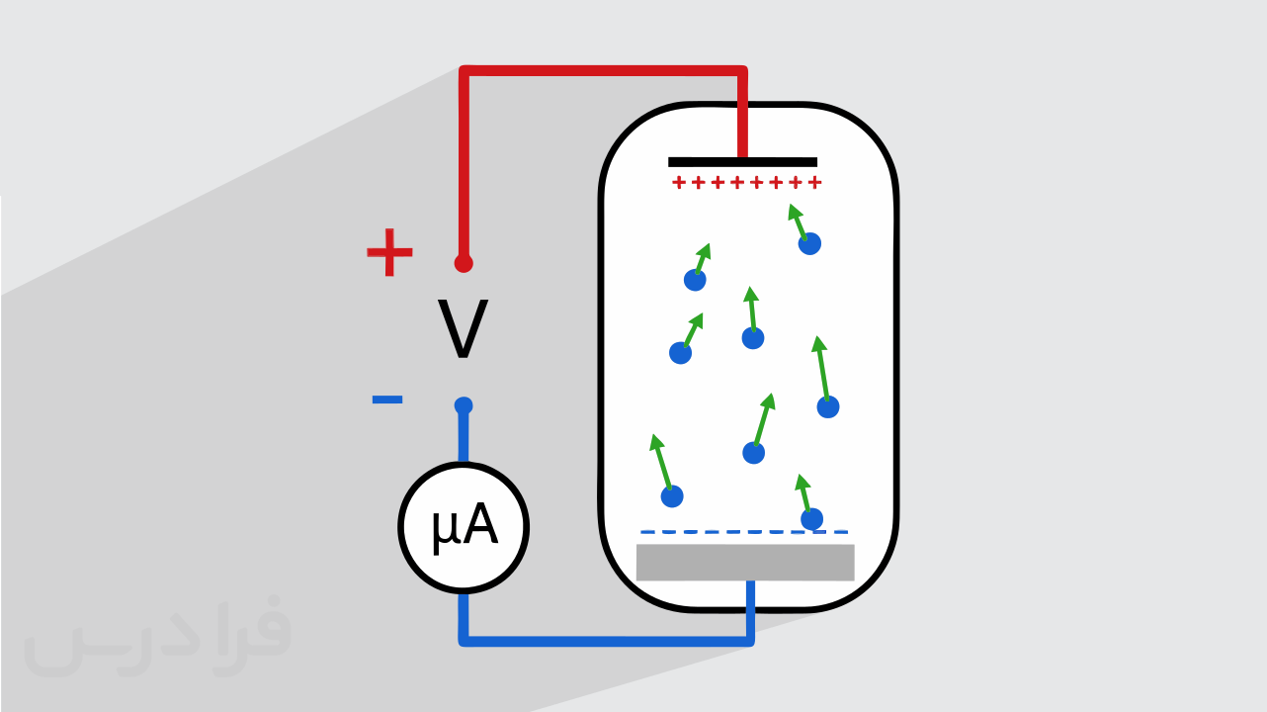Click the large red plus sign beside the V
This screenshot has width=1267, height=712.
click(x=389, y=252)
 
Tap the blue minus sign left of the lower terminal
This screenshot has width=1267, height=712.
click(x=387, y=400)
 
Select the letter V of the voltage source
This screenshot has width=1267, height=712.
click(x=463, y=329)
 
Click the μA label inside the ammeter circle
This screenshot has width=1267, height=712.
click(x=465, y=526)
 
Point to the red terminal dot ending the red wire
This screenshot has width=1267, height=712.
click(x=464, y=263)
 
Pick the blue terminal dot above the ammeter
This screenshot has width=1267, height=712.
click(x=464, y=405)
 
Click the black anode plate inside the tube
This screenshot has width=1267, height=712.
click(x=742, y=162)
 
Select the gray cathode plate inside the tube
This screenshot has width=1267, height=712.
click(x=745, y=563)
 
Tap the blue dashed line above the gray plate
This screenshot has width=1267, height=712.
click(x=744, y=532)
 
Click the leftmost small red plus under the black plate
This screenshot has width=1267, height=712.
click(x=679, y=182)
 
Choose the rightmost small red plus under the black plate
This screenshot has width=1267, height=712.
click(x=814, y=182)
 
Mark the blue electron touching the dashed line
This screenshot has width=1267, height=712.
click(x=811, y=519)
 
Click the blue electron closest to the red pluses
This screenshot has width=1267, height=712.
click(x=809, y=244)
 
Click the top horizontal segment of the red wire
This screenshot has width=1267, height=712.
click(x=603, y=71)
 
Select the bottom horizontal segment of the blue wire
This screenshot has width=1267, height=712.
click(x=607, y=641)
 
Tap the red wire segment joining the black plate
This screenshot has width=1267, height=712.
click(x=742, y=114)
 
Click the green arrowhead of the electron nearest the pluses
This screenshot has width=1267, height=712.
click(x=795, y=212)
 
